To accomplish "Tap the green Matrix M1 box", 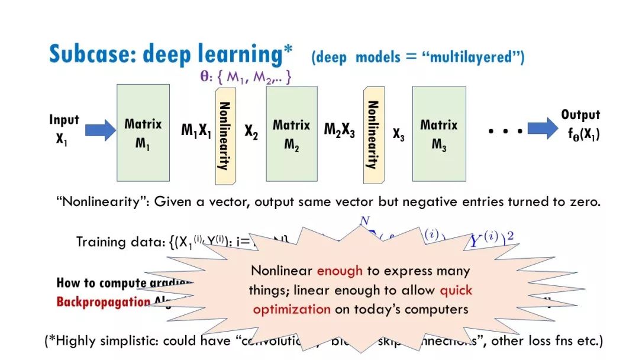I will (143, 133).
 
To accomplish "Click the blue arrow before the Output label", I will (543, 130).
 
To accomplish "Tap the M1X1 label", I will (196, 131).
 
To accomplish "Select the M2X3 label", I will (339, 131).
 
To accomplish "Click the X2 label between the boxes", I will (251, 131).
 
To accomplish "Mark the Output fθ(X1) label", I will (581, 124).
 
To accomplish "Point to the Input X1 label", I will (63, 130).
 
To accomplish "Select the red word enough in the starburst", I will (340, 271).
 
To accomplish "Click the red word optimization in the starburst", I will (291, 309).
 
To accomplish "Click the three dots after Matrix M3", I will (506, 131).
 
